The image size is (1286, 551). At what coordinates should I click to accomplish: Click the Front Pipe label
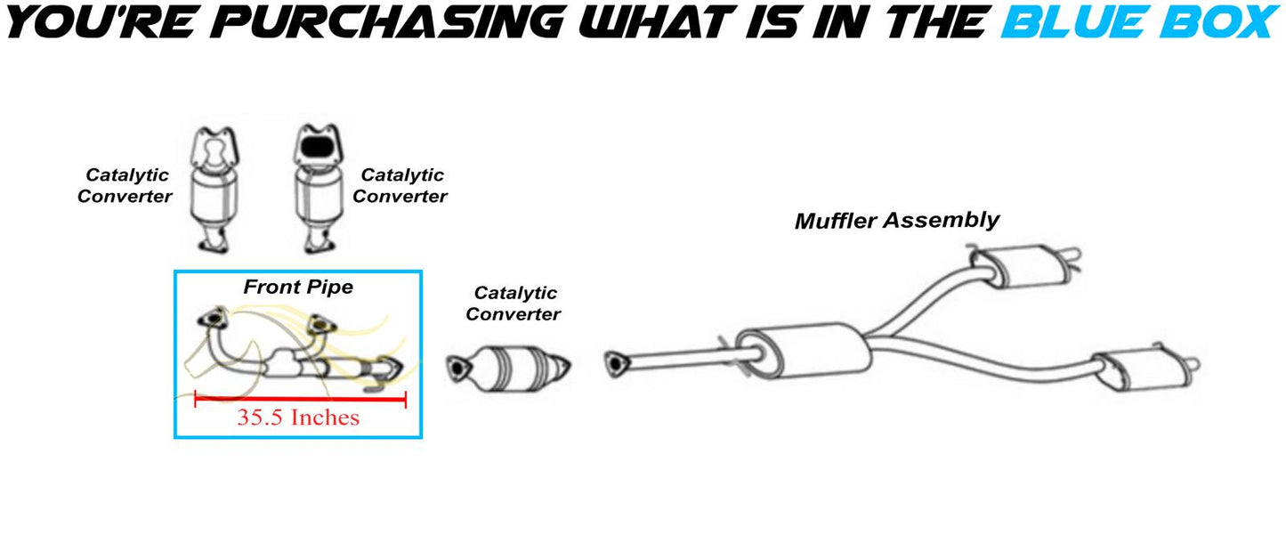point(298,287)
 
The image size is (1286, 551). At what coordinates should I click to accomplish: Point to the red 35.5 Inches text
point(298,417)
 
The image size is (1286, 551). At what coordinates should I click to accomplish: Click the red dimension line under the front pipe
point(300,398)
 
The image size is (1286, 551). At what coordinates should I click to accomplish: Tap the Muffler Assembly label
point(897,221)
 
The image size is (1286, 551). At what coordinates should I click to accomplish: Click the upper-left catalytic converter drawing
point(214,190)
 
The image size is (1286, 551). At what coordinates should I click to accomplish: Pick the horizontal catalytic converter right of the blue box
point(508,368)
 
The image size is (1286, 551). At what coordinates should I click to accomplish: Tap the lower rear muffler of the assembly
point(1145,369)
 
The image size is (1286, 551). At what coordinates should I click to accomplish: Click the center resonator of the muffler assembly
point(804,350)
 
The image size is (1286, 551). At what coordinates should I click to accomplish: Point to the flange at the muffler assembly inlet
point(616,363)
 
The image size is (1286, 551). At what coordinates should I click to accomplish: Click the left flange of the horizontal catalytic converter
point(457,368)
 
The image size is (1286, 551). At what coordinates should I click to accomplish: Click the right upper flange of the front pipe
point(320,324)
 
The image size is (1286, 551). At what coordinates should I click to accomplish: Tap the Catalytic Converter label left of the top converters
point(125,186)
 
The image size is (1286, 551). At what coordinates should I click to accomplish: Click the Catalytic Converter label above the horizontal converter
point(514,304)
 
